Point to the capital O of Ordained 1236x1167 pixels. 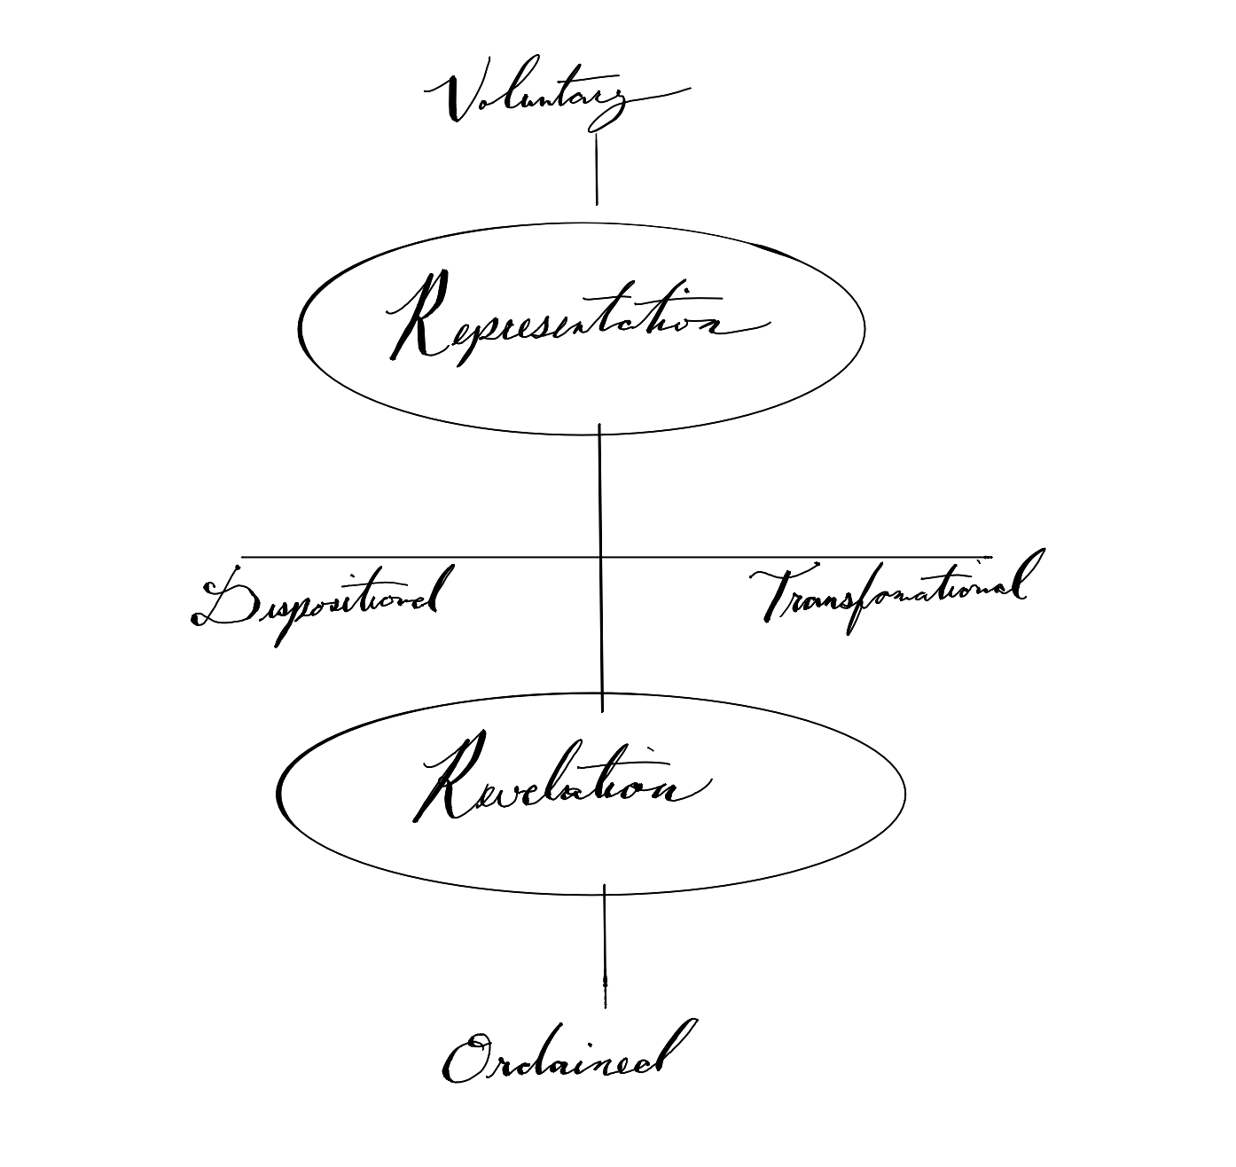click(465, 1060)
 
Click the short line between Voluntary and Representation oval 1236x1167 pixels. click(596, 168)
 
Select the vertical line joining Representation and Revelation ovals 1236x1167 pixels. click(600, 497)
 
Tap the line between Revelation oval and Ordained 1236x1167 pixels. click(605, 944)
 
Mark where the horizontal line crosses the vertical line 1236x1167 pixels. click(600, 557)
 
